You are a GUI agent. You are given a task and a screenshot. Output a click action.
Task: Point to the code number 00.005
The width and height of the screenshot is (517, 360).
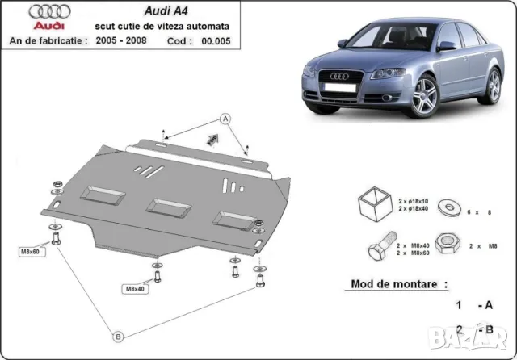point(216,40)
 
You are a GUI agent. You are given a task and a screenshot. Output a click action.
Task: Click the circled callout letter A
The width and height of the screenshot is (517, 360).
point(226,119)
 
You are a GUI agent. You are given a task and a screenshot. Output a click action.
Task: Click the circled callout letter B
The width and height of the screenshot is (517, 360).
point(119,336)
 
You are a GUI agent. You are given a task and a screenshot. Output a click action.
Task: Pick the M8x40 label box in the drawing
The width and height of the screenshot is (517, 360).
point(135,287)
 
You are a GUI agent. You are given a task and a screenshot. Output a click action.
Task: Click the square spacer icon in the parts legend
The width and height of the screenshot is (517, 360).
point(372,203)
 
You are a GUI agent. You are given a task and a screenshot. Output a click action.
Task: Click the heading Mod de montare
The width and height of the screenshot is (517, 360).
point(399,284)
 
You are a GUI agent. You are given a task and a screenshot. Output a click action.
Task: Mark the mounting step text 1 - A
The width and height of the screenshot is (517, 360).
point(473,306)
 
